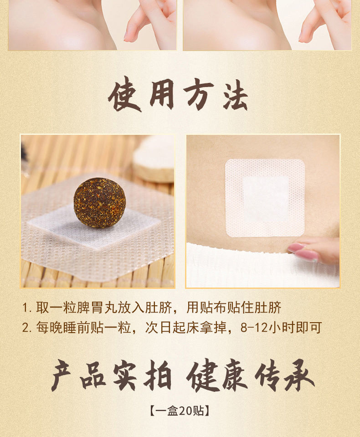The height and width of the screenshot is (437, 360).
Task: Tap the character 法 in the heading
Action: point(235,95)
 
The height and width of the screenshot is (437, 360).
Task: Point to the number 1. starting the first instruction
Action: point(27,307)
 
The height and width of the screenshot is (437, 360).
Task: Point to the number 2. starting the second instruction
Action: point(27,328)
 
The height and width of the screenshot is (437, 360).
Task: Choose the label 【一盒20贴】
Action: point(180,411)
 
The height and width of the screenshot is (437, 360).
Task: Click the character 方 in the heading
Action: point(197,95)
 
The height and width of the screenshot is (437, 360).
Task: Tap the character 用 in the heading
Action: point(160,95)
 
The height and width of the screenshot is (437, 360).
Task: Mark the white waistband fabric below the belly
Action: point(246,269)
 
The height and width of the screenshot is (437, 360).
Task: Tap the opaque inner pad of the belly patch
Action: point(265,199)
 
